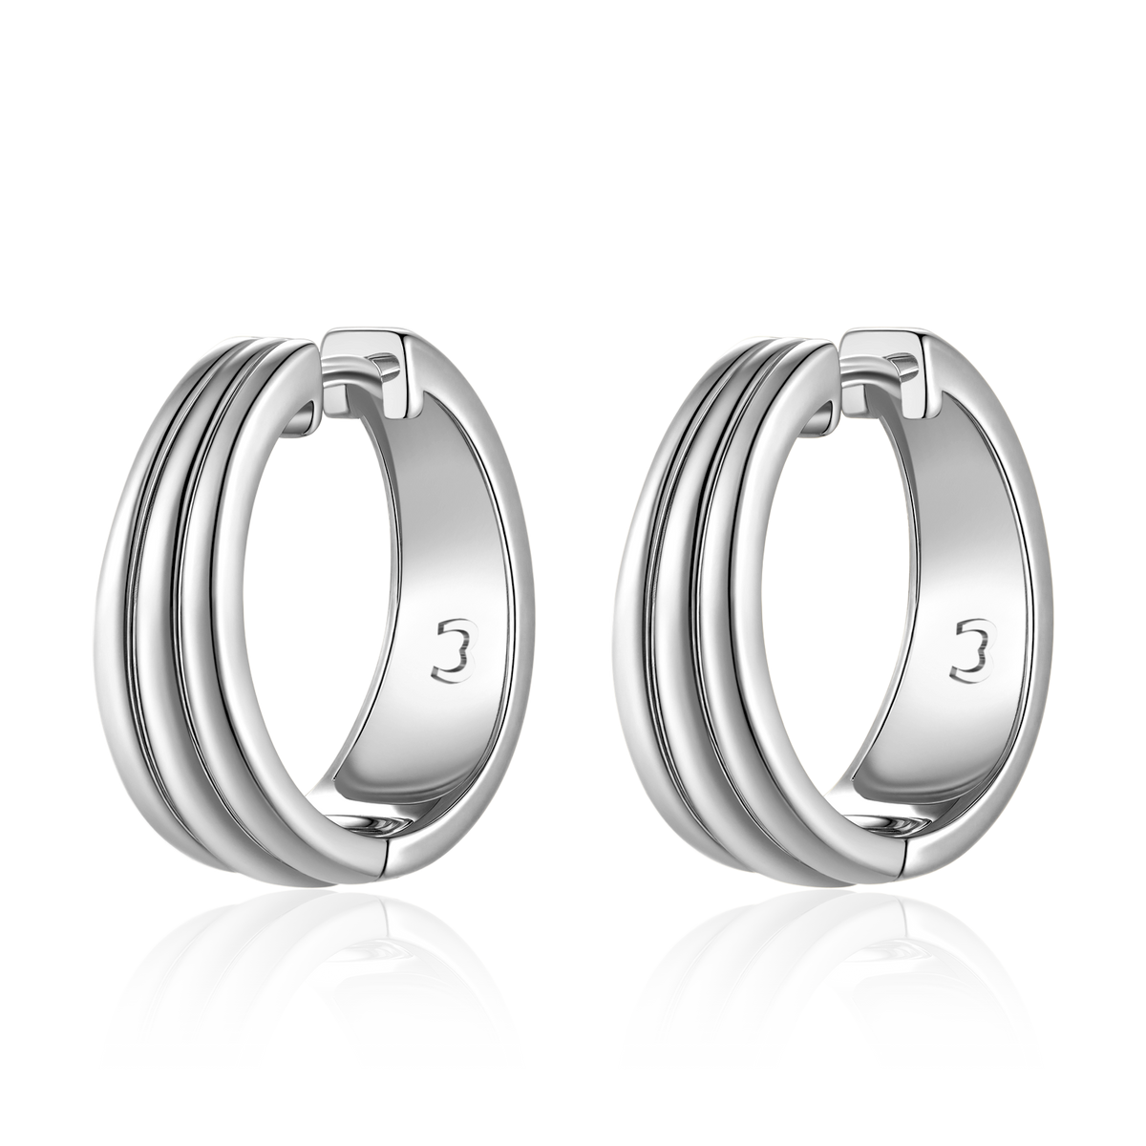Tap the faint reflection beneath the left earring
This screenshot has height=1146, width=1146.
point(309,975)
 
